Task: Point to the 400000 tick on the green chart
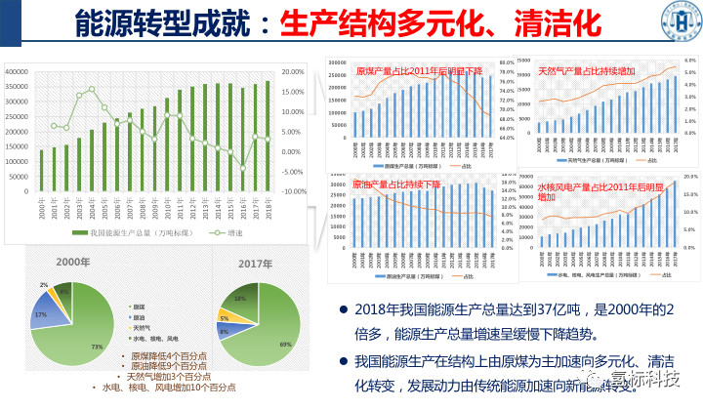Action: click(18, 71)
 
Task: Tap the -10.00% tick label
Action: click(295, 191)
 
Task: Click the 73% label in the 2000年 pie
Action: click(97, 347)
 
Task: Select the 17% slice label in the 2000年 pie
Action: click(40, 315)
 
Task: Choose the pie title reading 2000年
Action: click(73, 263)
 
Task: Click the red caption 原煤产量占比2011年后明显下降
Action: click(419, 71)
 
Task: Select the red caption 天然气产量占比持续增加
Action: click(586, 71)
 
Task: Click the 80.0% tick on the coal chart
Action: click(506, 61)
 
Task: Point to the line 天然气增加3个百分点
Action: click(170, 376)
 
